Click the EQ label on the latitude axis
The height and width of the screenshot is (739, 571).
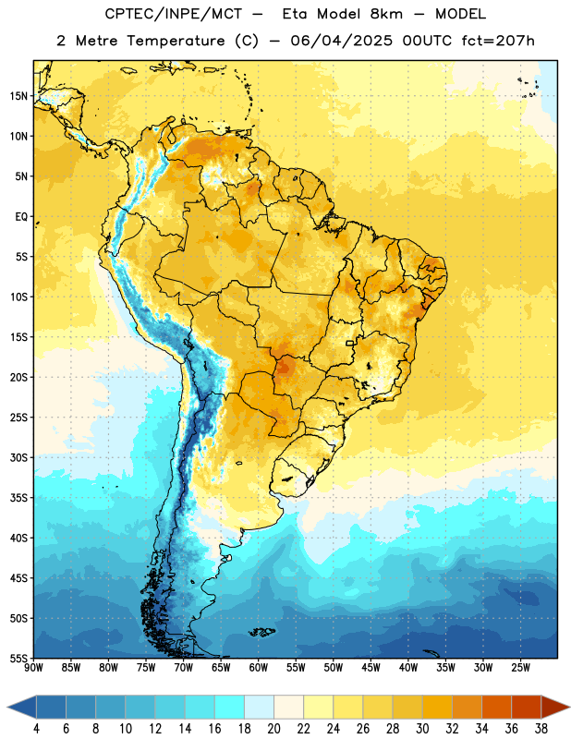click(21, 217)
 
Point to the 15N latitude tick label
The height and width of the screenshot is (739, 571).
click(18, 96)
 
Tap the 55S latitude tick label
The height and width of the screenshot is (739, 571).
click(18, 659)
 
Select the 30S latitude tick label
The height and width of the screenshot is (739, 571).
click(18, 457)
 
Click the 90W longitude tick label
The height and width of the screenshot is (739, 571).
click(33, 668)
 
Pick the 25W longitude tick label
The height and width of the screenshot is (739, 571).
click(520, 668)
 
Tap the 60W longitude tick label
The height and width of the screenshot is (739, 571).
click(259, 668)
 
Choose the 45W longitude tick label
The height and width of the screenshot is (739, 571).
click(371, 668)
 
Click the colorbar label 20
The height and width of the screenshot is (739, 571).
click(273, 729)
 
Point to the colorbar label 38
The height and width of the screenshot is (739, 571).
click(541, 729)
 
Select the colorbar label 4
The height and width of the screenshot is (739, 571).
click(36, 729)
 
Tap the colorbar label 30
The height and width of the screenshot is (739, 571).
click(422, 729)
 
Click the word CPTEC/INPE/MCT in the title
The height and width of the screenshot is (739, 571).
click(173, 14)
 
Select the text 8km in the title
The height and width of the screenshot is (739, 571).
click(386, 14)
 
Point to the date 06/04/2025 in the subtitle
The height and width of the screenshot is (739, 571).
click(341, 41)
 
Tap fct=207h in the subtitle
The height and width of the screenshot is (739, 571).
click(498, 41)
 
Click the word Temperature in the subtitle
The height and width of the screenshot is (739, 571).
click(176, 41)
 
